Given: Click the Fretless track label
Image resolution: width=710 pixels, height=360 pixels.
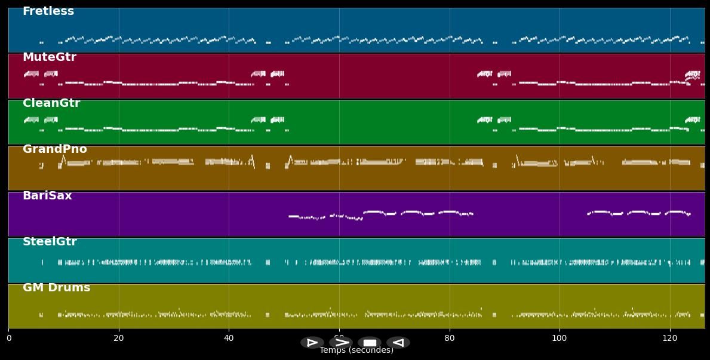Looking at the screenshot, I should point(48,11).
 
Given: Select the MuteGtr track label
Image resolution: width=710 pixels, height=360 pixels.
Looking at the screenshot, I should point(50,57).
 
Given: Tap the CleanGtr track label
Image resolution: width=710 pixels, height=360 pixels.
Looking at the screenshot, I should point(51,103).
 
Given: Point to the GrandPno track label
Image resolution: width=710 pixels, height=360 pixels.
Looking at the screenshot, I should point(55,149).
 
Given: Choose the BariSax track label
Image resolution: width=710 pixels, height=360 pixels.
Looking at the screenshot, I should point(47,196).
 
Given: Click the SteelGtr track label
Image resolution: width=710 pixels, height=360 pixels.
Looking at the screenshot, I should point(50,242).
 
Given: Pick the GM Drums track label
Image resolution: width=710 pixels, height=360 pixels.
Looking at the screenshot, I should point(57,288).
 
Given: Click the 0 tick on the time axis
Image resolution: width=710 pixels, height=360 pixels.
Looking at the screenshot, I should point(9,339).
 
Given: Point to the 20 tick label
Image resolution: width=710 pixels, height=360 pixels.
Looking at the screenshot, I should point(119,339).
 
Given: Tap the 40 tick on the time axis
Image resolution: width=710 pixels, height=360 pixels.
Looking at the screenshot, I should point(229,339).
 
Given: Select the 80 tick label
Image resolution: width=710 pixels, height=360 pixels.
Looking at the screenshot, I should point(450,339).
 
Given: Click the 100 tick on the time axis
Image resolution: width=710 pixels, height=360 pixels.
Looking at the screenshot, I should point(560,339).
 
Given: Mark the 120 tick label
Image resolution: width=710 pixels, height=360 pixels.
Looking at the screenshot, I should point(670,339).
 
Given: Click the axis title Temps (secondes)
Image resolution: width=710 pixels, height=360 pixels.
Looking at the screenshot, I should point(356,350).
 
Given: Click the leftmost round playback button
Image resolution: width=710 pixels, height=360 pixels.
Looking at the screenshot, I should point(312,343).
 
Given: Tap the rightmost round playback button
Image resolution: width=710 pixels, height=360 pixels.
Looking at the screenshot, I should point(398,343).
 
